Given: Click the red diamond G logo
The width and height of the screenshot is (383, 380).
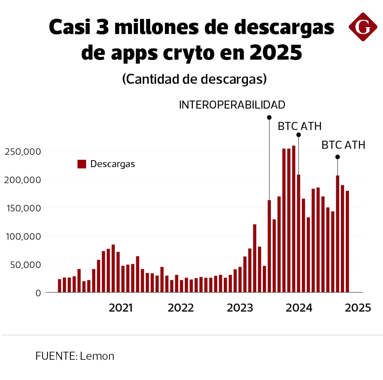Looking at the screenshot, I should point(363,27).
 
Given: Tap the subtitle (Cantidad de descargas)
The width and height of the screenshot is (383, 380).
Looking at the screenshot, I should point(194,79).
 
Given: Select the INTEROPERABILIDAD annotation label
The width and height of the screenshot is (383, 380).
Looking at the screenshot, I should point(232,105).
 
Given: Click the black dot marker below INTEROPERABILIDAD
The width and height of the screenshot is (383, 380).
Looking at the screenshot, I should point(269,117).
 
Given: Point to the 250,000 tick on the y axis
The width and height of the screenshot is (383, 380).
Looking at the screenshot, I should point(23,151).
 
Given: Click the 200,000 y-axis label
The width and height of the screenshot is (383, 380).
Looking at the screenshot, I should point(23,180).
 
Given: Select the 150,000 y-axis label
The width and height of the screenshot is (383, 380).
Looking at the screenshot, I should point(23,208).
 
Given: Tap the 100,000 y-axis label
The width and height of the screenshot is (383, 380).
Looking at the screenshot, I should point(23,236).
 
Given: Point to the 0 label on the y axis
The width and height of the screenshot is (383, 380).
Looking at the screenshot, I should point(37,293).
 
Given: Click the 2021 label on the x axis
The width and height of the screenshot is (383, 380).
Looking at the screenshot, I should point(121,308).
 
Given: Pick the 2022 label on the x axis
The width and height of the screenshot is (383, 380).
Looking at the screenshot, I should point(181,308).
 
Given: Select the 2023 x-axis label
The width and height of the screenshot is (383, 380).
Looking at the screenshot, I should point(240,308).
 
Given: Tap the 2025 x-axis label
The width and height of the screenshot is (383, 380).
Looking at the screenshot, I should point(358,308).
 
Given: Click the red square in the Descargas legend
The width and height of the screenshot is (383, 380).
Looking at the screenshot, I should point(81,164).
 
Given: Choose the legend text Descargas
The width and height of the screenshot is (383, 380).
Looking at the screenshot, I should point(112,164).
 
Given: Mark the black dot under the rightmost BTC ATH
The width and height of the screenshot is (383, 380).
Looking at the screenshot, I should point(337,157).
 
